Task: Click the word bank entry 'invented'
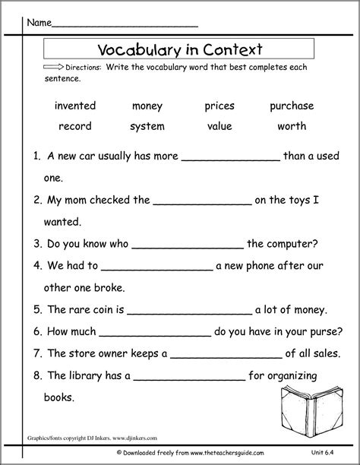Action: pyautogui.click(x=75, y=106)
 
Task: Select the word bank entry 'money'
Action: pyautogui.click(x=147, y=106)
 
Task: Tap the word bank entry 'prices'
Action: pyautogui.click(x=219, y=106)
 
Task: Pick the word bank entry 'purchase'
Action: pyautogui.click(x=292, y=106)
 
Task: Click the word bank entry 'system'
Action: pyautogui.click(x=147, y=126)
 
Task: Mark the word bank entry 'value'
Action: pyautogui.click(x=219, y=125)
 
